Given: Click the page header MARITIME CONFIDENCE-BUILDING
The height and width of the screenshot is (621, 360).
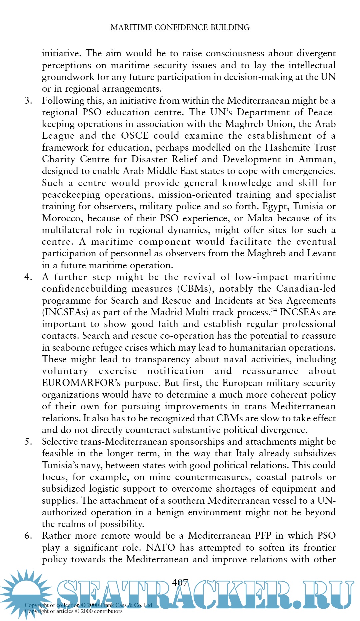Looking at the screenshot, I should (180, 27).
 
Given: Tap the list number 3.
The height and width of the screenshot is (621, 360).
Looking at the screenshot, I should (28, 100).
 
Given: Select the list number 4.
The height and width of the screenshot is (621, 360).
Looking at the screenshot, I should (28, 277).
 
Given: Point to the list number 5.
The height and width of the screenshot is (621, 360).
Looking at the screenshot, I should (28, 442).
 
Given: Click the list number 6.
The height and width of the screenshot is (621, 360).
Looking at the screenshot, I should (28, 536).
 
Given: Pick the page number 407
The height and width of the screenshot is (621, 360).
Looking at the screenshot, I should (180, 582).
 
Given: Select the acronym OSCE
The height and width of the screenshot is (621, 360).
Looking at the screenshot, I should (135, 136).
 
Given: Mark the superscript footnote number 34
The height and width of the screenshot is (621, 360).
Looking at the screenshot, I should (274, 310).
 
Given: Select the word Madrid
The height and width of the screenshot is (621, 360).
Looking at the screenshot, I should (167, 312).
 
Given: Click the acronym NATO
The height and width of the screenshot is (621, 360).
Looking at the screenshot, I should (161, 548).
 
